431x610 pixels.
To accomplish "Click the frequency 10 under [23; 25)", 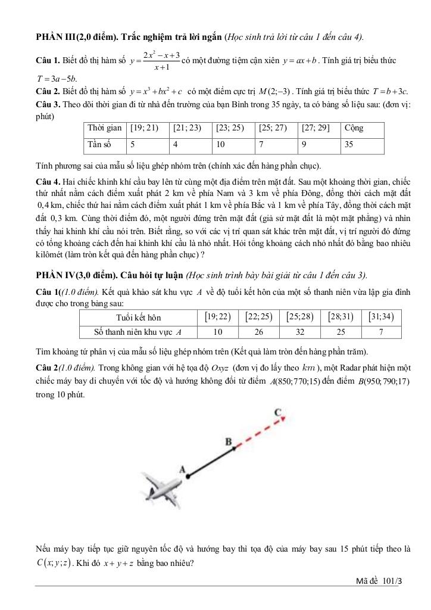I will [x=221, y=144].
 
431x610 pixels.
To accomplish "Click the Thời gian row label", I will [x=104, y=128].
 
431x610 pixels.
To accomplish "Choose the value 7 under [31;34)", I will [x=382, y=331].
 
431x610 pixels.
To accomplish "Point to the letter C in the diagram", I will [x=278, y=412].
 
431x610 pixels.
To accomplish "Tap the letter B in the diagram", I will [x=227, y=441].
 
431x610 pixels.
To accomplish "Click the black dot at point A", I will [x=185, y=475].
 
